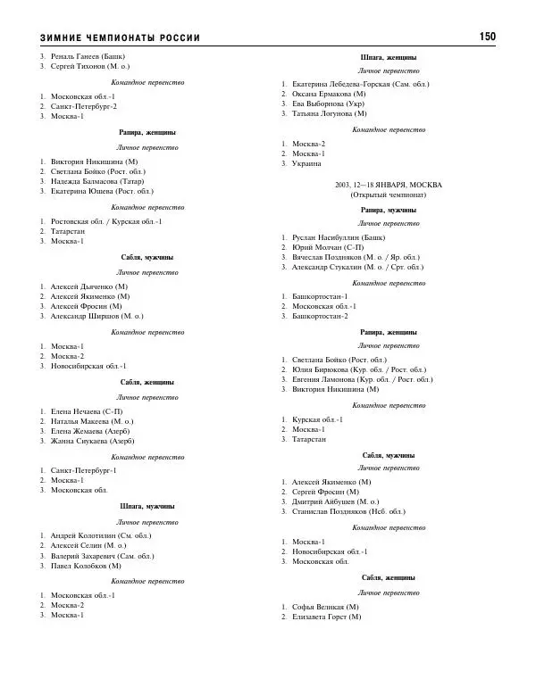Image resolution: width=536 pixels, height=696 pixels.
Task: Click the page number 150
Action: (x=487, y=37)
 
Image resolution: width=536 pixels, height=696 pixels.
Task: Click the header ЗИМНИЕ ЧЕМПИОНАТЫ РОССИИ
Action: (x=120, y=37)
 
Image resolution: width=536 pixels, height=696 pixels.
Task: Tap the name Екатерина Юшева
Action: (x=81, y=191)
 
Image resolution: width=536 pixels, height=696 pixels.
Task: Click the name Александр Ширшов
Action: (x=85, y=316)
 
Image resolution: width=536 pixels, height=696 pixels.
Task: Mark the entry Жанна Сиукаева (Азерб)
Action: (x=93, y=440)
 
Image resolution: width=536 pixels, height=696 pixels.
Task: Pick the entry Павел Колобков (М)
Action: (x=86, y=565)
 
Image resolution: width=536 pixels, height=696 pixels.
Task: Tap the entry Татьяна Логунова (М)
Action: (x=329, y=113)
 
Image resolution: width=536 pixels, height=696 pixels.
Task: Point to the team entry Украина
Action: (x=308, y=163)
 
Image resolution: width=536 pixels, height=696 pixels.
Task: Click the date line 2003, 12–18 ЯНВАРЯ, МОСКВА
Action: (x=389, y=183)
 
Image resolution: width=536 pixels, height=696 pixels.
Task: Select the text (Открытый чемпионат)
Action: (x=389, y=194)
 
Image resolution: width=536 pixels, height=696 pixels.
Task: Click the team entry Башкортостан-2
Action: (x=321, y=315)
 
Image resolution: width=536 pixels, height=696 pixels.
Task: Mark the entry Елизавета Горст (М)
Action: (x=326, y=617)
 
